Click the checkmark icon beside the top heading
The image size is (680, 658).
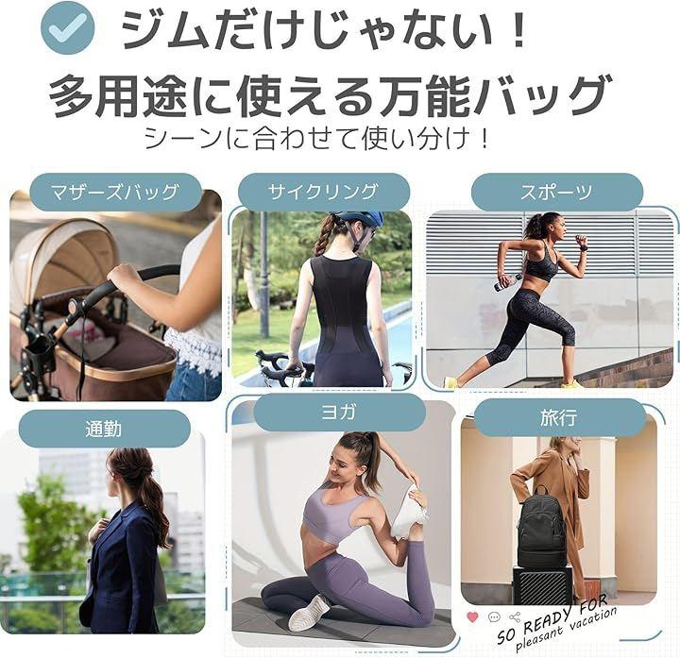pos(67,27)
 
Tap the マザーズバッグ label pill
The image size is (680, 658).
pos(115,192)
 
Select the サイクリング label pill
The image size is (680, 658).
pos(323,192)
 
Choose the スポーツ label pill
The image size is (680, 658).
pos(557,192)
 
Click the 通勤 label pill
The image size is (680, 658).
pos(105,429)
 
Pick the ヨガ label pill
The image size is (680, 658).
pos(339,412)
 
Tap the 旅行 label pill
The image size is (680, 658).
pos(560,417)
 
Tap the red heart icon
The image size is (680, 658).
pos(472,616)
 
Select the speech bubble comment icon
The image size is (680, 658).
pos(494,616)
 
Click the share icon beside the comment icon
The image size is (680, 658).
pos(515,616)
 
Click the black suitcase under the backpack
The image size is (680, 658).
pos(543,586)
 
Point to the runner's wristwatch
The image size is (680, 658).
pos(585,249)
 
